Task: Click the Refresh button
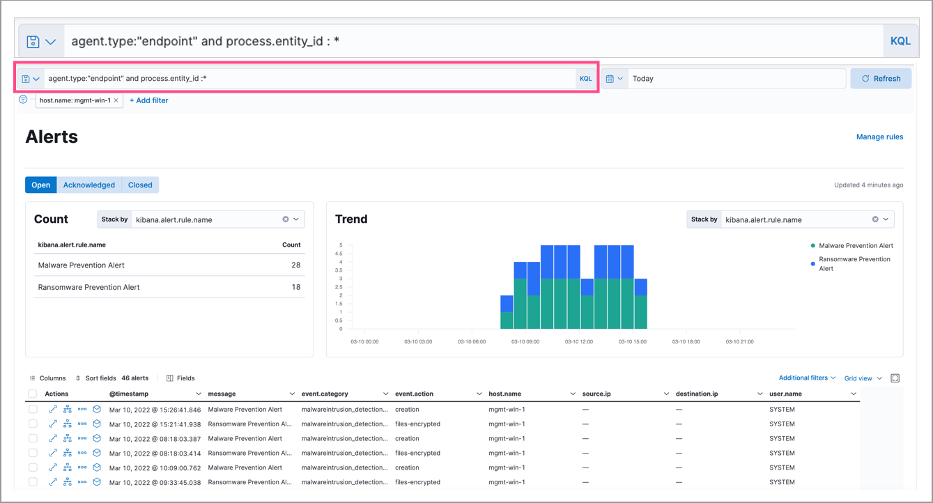tap(881, 79)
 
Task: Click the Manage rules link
tap(879, 137)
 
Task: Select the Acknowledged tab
tap(88, 185)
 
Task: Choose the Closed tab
tap(140, 185)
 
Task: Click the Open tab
tap(41, 185)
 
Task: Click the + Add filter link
tap(148, 100)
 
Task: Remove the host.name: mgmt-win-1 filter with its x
tap(116, 100)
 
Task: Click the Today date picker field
tap(735, 79)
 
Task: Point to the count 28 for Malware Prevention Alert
tap(296, 265)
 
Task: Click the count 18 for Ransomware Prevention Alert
tap(296, 287)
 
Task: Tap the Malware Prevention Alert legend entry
tap(855, 246)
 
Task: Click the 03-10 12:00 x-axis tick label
tap(578, 342)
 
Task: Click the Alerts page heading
tap(52, 137)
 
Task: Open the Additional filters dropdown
tap(807, 378)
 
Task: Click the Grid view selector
tap(863, 378)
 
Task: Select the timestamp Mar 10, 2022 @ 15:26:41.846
tap(155, 410)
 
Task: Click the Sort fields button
tap(95, 378)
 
